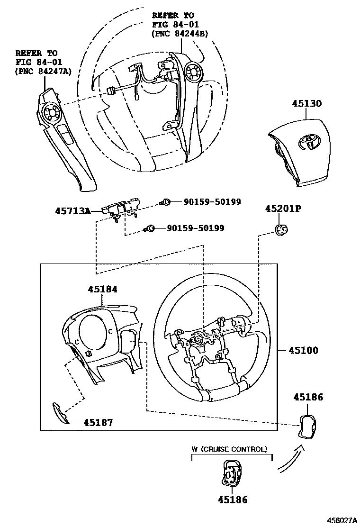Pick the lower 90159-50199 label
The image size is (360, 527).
tap(195, 228)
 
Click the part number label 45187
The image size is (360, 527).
tap(98, 422)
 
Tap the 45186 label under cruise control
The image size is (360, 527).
tap(233, 500)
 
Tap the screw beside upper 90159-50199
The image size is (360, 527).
tap(166, 202)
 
